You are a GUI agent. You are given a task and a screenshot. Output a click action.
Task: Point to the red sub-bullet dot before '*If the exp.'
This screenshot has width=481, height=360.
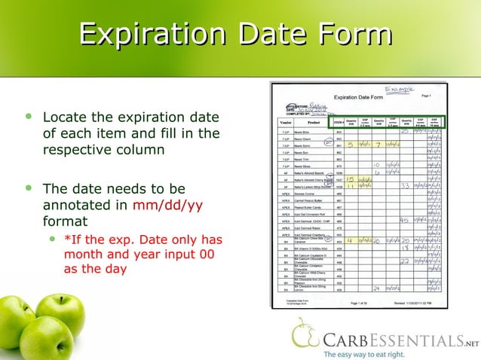[x=52, y=239]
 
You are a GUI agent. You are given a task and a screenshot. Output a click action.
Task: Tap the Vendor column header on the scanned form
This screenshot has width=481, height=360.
[x=286, y=123]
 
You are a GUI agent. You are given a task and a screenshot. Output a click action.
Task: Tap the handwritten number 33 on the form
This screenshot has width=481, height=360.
[x=406, y=185]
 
